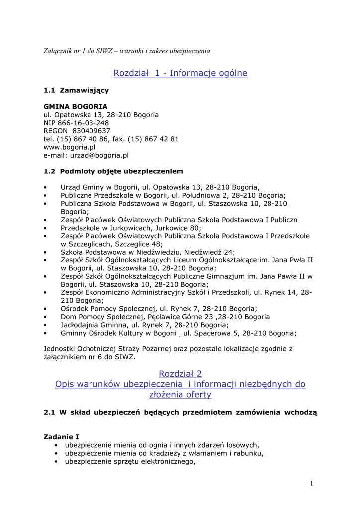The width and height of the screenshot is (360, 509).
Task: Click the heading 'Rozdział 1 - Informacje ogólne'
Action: pyautogui.click(x=180, y=73)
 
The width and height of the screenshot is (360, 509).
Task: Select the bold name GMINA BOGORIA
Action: pyautogui.click(x=76, y=107)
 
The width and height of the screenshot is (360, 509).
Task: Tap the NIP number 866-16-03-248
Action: pyautogui.click(x=84, y=123)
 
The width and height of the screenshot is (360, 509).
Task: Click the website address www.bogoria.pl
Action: pyautogui.click(x=70, y=147)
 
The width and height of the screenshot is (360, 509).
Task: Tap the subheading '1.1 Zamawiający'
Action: pyautogui.click(x=76, y=90)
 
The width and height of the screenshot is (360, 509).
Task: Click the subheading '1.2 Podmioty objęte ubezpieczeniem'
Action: pyautogui.click(x=113, y=171)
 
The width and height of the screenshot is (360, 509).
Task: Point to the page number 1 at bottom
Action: pyautogui.click(x=311, y=483)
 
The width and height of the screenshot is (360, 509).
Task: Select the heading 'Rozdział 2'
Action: pyautogui.click(x=180, y=373)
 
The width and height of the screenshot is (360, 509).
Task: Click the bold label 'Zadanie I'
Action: pyautogui.click(x=61, y=437)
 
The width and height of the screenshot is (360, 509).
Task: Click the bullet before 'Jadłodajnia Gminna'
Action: pyautogui.click(x=45, y=325)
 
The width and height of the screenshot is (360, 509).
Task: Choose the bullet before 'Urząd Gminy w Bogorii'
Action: pyautogui.click(x=45, y=187)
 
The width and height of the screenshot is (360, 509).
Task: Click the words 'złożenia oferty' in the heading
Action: pyautogui.click(x=180, y=395)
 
